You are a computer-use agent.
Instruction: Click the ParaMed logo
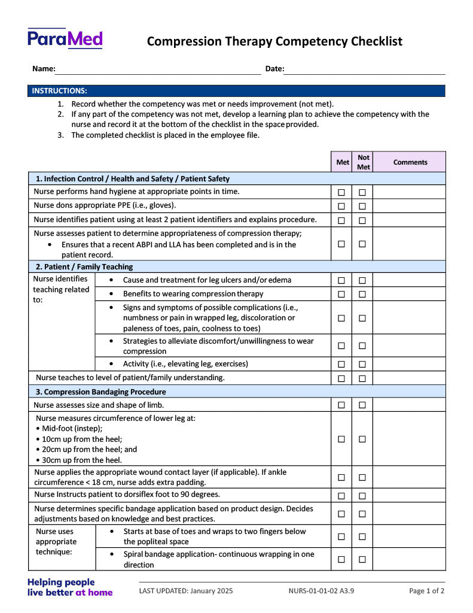pyautogui.click(x=65, y=39)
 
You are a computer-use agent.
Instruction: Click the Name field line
pyautogui.click(x=158, y=71)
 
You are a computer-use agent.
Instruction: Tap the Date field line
pyautogui.click(x=364, y=71)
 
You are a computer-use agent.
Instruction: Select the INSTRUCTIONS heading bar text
pyautogui.click(x=59, y=91)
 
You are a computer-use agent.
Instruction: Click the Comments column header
pyautogui.click(x=410, y=162)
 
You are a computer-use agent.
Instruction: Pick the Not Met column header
pyautogui.click(x=363, y=162)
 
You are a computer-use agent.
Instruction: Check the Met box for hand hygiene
pyautogui.click(x=341, y=192)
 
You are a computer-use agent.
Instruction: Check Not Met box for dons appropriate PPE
pyautogui.click(x=362, y=207)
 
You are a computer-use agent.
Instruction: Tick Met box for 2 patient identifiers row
pyautogui.click(x=341, y=220)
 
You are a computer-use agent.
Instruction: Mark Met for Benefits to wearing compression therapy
pyautogui.click(x=341, y=294)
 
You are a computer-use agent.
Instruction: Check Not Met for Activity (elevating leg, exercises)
pyautogui.click(x=362, y=364)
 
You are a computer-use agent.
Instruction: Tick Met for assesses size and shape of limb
pyautogui.click(x=341, y=405)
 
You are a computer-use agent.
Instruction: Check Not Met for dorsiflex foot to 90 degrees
pyautogui.click(x=362, y=496)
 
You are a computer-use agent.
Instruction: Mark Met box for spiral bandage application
pyautogui.click(x=341, y=559)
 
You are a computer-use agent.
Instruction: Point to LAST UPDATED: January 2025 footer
pyautogui.click(x=186, y=591)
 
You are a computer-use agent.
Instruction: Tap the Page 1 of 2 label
pyautogui.click(x=426, y=591)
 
